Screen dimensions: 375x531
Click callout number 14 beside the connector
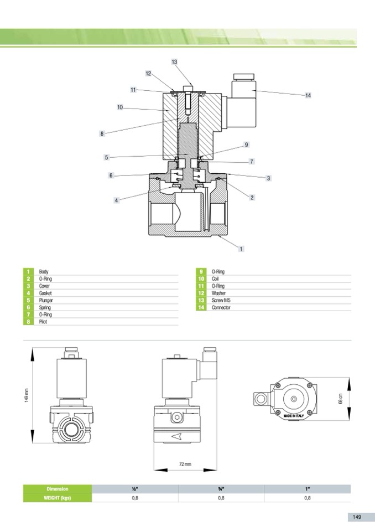(x=308, y=95)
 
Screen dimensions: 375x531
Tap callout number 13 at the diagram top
(x=174, y=61)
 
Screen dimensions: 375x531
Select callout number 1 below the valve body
(x=241, y=249)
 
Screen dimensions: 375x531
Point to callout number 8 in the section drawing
(x=102, y=133)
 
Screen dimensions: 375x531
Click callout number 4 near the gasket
(x=116, y=200)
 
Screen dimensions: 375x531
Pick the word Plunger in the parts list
(x=46, y=300)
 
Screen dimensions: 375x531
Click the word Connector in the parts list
(x=221, y=307)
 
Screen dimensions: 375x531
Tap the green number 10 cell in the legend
(x=201, y=279)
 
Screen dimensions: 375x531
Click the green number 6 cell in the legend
(x=28, y=307)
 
